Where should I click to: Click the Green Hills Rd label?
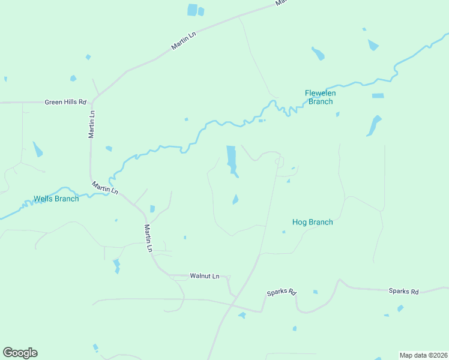coord(66,102)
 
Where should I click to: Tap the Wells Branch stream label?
coord(56,199)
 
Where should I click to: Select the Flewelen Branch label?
coord(320,97)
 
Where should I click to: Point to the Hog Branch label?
coord(312,222)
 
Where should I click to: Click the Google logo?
coord(20,353)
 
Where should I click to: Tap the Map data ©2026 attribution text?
coord(423,355)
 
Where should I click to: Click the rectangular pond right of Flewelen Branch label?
coord(378,95)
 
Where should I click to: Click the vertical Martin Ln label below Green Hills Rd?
coord(92,124)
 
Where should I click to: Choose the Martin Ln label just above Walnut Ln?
coord(148,238)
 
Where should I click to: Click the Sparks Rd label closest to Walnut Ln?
coord(282,293)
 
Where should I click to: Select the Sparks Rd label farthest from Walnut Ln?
coord(403,291)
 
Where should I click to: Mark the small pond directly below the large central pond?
coord(235,199)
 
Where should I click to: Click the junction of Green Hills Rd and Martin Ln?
coord(92,102)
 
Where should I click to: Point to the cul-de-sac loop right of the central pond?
coord(279,161)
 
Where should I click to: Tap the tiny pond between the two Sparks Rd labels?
coord(315,292)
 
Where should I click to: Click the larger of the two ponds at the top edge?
coord(192,10)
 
